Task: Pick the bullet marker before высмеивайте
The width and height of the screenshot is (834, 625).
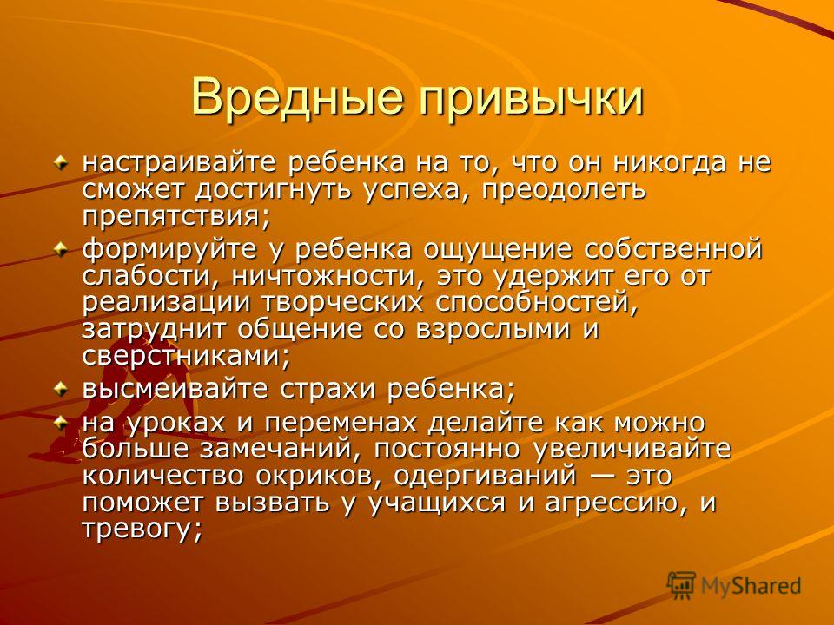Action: (x=61, y=390)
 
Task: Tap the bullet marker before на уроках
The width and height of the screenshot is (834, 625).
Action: (x=61, y=423)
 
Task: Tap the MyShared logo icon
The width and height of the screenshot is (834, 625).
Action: (x=681, y=586)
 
